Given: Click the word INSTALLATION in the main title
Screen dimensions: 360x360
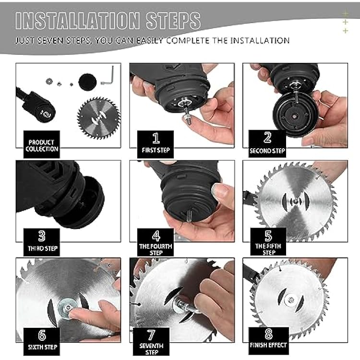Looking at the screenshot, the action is (x=77, y=21).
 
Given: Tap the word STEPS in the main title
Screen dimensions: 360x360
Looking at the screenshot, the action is (x=173, y=21).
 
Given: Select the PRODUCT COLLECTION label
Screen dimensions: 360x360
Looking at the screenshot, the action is (x=42, y=145).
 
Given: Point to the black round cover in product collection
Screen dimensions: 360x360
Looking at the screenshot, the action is (x=87, y=82).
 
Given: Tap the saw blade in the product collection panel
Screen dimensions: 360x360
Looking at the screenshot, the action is (x=99, y=118).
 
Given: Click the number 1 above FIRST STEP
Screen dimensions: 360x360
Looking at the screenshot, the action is (x=156, y=138).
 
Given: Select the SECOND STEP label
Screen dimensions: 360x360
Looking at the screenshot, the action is (x=267, y=151).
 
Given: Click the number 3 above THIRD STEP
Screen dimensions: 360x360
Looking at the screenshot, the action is (x=42, y=236).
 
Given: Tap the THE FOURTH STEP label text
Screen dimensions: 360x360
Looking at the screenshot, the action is (x=156, y=250).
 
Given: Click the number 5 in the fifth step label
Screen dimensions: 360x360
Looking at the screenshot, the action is (x=268, y=236).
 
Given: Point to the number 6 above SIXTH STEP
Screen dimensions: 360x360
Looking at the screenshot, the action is (x=42, y=335).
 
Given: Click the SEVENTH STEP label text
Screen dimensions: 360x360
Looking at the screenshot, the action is (x=151, y=349).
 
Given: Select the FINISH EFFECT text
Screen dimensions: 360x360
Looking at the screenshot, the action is (x=268, y=345).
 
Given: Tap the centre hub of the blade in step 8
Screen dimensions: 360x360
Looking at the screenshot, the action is (x=291, y=300).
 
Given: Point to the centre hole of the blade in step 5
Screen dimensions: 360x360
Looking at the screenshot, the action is (x=296, y=201).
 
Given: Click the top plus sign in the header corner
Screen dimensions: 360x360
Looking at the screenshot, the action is (x=345, y=13).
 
